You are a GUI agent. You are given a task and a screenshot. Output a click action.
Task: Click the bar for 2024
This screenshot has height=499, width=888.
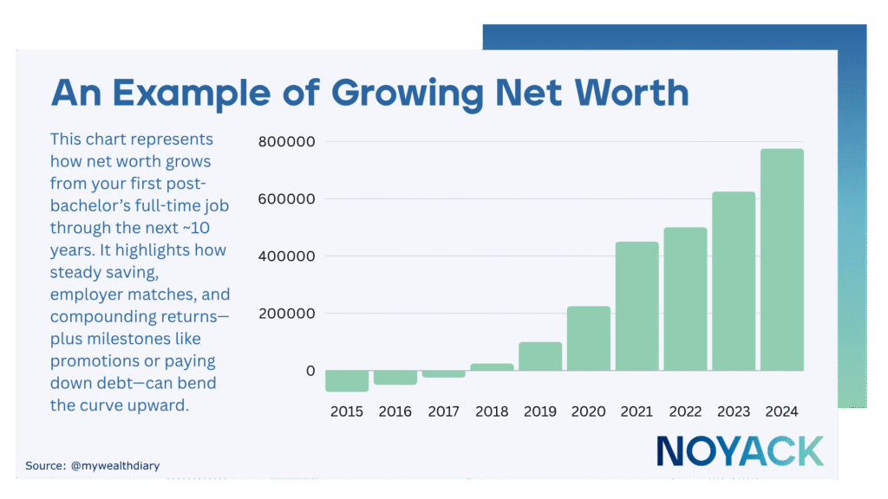(782, 260)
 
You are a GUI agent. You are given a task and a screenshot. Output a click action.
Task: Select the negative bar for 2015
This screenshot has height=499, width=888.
(347, 380)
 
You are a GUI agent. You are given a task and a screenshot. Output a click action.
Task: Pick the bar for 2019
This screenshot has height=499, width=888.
(540, 356)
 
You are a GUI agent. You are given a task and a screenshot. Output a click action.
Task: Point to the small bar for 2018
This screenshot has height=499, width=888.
(492, 366)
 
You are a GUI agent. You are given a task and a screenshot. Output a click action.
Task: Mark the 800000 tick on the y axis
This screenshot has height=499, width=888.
(286, 142)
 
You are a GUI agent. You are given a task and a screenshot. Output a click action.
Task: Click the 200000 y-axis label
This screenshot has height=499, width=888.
(286, 314)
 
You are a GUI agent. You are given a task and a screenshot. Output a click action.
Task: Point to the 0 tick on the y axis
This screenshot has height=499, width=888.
(310, 371)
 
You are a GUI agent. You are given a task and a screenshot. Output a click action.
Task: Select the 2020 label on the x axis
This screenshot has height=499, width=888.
(589, 412)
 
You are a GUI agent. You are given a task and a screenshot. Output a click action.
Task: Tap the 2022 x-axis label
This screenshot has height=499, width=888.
(685, 412)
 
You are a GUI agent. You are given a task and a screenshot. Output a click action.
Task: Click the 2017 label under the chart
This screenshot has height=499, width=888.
(443, 412)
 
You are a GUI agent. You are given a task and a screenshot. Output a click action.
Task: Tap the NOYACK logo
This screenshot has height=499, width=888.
(739, 450)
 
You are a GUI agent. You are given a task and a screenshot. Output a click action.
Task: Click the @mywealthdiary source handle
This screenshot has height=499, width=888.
(115, 466)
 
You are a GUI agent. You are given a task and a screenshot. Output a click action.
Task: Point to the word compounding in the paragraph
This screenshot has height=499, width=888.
(98, 316)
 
